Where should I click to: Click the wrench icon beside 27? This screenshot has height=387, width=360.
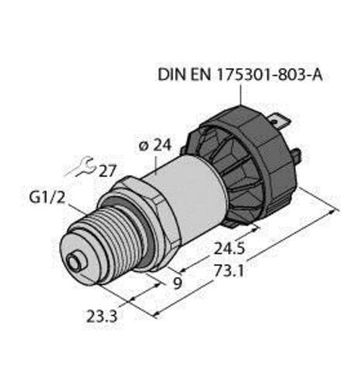click(83, 164)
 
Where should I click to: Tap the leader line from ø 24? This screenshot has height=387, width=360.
click(158, 159)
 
